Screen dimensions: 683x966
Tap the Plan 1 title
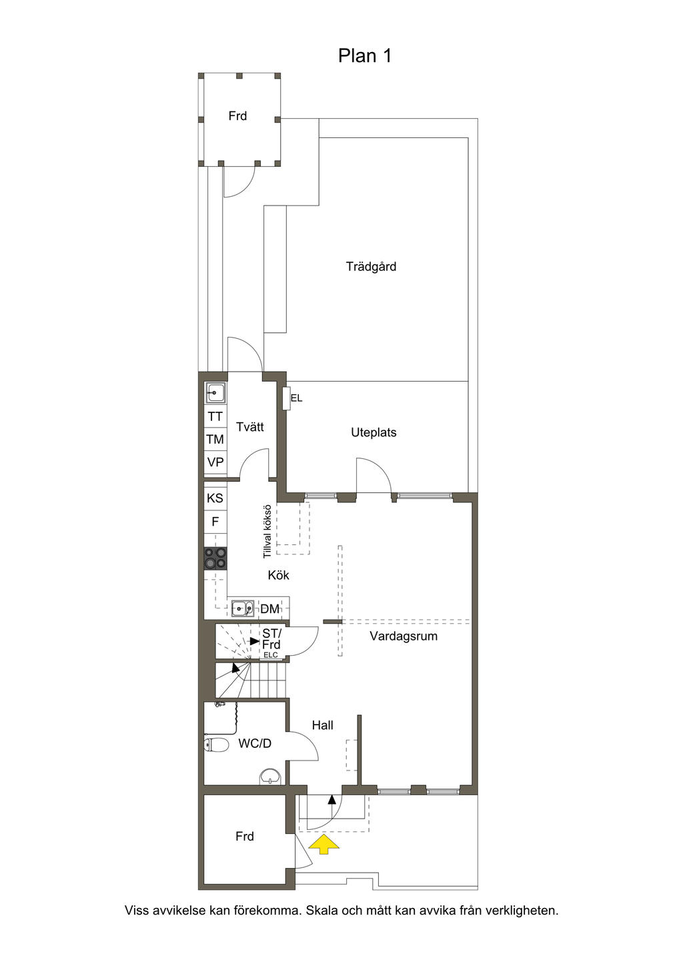click(365, 55)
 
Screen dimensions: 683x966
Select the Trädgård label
click(371, 266)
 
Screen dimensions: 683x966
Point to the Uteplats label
click(374, 432)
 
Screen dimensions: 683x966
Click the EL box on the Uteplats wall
click(287, 398)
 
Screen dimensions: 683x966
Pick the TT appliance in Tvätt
click(215, 416)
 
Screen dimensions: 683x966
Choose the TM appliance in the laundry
click(215, 440)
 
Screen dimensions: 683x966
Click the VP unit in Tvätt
click(215, 462)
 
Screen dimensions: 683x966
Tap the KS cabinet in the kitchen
click(215, 498)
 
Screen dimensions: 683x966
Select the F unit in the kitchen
click(215, 522)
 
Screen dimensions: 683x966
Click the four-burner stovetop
click(215, 559)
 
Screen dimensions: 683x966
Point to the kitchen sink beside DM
click(243, 608)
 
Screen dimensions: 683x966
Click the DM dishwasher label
click(270, 609)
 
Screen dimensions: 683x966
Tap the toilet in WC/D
click(216, 745)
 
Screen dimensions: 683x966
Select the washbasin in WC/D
click(271, 777)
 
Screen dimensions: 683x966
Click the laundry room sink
click(215, 393)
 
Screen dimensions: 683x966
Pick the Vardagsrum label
click(404, 636)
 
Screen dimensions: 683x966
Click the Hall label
click(323, 725)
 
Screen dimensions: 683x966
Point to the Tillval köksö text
click(267, 531)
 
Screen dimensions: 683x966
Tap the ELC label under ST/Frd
click(271, 655)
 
